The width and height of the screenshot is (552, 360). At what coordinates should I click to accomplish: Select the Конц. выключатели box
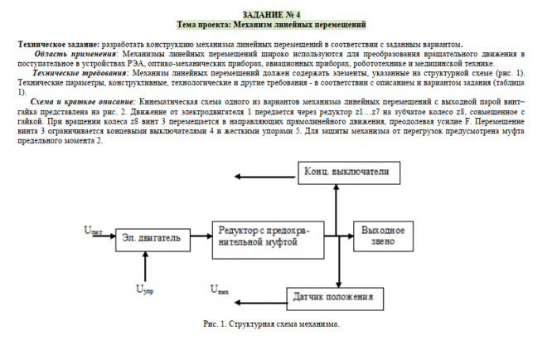point(348,173)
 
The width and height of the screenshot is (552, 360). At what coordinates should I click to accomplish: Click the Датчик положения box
point(329,295)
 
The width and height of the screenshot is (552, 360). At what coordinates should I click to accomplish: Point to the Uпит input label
point(94,230)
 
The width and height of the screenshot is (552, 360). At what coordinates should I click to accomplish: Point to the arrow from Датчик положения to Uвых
point(258,294)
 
